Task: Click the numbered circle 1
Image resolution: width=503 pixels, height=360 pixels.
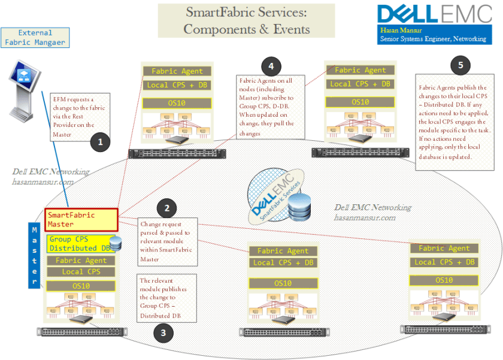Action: pyautogui.click(x=101, y=142)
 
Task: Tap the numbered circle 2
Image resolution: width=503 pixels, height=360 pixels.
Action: pyautogui.click(x=167, y=208)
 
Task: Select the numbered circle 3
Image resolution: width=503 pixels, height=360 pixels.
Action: pyautogui.click(x=164, y=333)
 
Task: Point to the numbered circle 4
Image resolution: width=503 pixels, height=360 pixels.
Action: pyautogui.click(x=271, y=66)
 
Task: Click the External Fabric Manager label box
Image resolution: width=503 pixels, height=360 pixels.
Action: pyautogui.click(x=35, y=37)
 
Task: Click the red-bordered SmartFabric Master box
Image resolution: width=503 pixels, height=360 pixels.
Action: pyautogui.click(x=81, y=220)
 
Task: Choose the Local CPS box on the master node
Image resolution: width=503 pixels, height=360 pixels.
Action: pyautogui.click(x=81, y=272)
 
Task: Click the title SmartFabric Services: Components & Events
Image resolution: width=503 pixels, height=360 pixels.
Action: pyautogui.click(x=247, y=20)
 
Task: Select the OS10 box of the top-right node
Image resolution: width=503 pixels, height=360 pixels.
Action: pyautogui.click(x=360, y=102)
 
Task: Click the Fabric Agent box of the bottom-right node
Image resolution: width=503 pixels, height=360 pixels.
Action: pyautogui.click(x=444, y=248)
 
